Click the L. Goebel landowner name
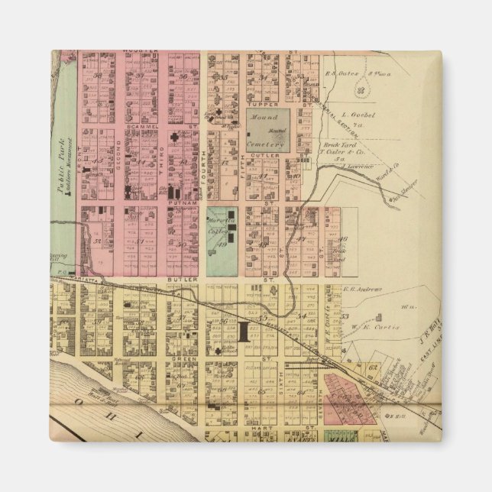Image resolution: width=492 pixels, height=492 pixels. point(360,115)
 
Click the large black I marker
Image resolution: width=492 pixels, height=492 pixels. point(244,332)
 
